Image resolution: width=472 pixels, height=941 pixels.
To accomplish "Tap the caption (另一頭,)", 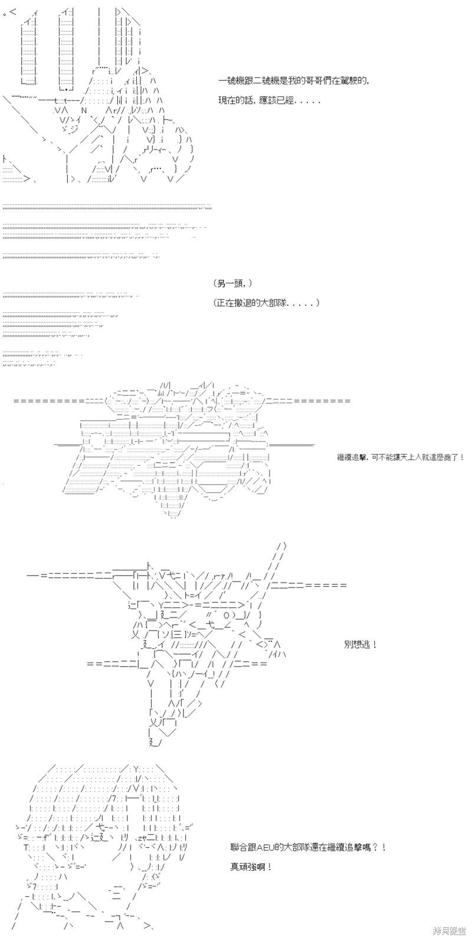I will [x=233, y=283].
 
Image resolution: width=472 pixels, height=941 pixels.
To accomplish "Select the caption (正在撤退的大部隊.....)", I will [x=267, y=303].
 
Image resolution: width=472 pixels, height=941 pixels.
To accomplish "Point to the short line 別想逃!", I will [x=360, y=644].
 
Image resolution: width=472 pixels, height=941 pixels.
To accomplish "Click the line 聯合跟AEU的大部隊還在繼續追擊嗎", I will [x=309, y=848].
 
